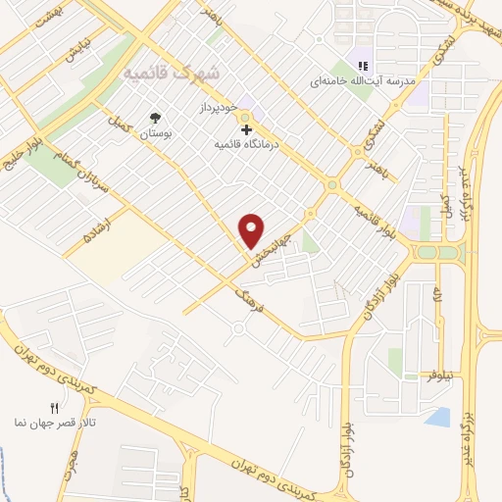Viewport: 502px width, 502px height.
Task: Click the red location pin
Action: click(252, 230)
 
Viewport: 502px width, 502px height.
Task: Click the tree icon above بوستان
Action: click(155, 118)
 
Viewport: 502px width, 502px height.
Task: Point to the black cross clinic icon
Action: click(245, 128)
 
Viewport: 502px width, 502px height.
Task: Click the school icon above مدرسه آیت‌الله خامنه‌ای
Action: click(362, 66)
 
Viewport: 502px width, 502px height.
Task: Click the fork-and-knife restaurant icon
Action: click(54, 407)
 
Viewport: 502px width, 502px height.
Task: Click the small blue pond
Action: click(438, 417)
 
